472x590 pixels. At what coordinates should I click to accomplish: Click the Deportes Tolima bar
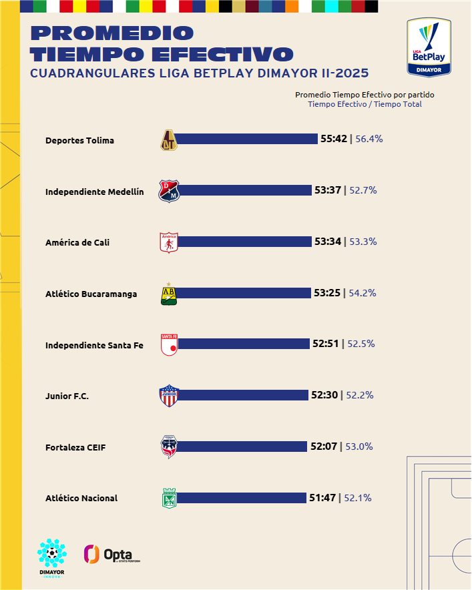[x=247, y=139]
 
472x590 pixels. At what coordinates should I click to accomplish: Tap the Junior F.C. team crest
[x=168, y=396]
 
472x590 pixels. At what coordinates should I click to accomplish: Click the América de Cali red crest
[x=169, y=242]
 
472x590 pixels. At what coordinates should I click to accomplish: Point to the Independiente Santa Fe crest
[x=169, y=345]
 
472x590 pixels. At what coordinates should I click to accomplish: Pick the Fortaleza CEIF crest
[x=169, y=447]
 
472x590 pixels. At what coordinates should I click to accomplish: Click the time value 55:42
[x=334, y=139]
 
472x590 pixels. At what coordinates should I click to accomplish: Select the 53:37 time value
[x=328, y=190]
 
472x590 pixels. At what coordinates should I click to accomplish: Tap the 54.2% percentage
[x=363, y=293]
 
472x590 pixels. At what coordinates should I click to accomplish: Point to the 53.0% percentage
[x=359, y=447]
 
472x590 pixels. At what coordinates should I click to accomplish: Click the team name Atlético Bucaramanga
[x=91, y=294]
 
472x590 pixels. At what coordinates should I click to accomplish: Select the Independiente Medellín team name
[x=94, y=192]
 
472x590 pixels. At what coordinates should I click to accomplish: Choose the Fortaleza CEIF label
[x=75, y=447]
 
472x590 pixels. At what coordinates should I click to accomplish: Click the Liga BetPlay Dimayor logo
[x=428, y=47]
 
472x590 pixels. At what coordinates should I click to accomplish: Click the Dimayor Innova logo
[x=52, y=558]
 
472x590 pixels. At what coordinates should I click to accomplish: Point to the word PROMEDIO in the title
[x=112, y=33]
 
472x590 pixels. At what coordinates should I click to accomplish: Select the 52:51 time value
[x=326, y=344]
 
